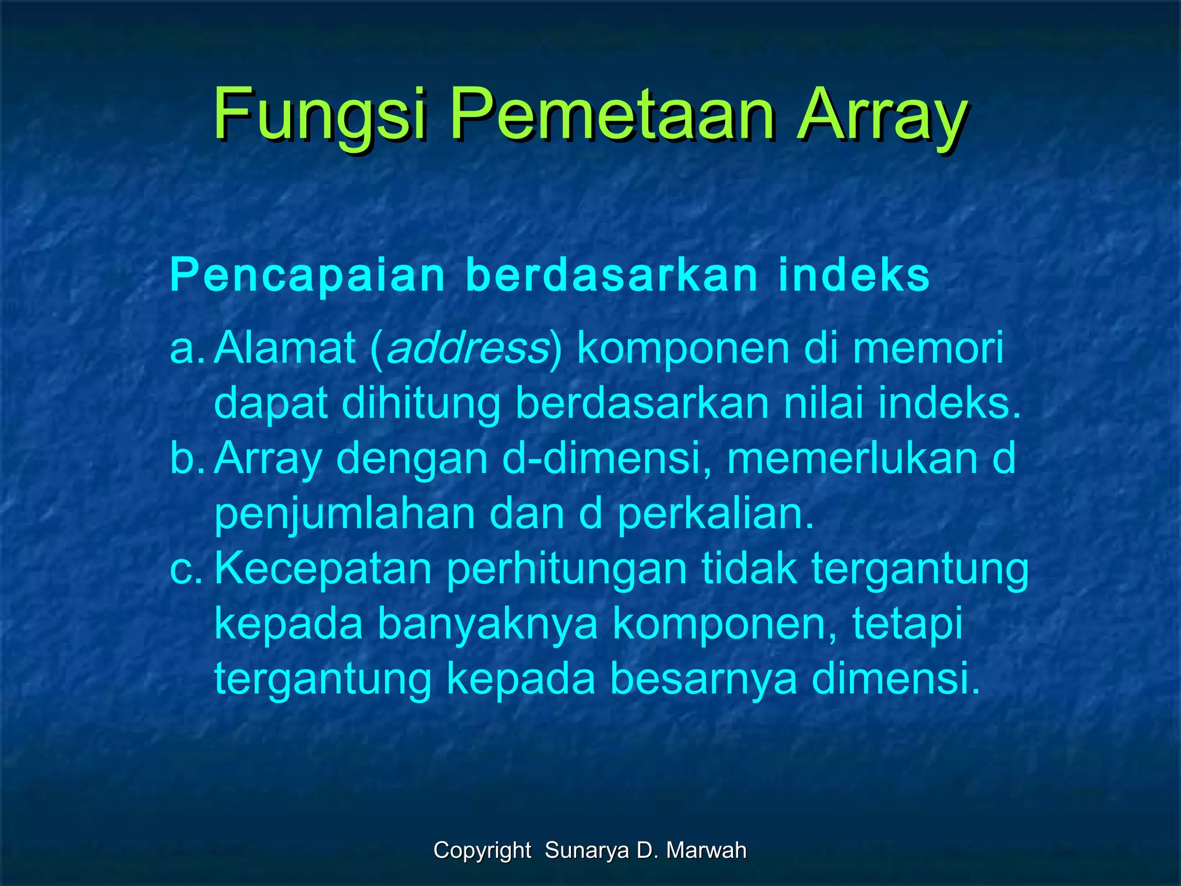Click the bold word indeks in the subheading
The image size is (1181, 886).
(x=854, y=275)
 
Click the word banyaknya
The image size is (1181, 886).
(x=487, y=624)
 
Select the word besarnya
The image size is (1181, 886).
(x=704, y=679)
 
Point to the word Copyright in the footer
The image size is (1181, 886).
(x=482, y=850)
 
